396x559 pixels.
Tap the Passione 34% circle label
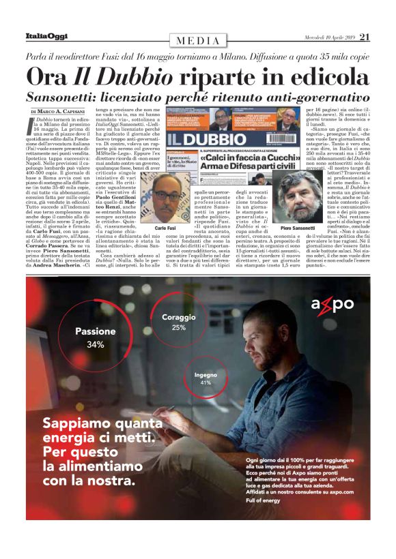(x=95, y=338)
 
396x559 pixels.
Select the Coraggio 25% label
(x=179, y=322)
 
